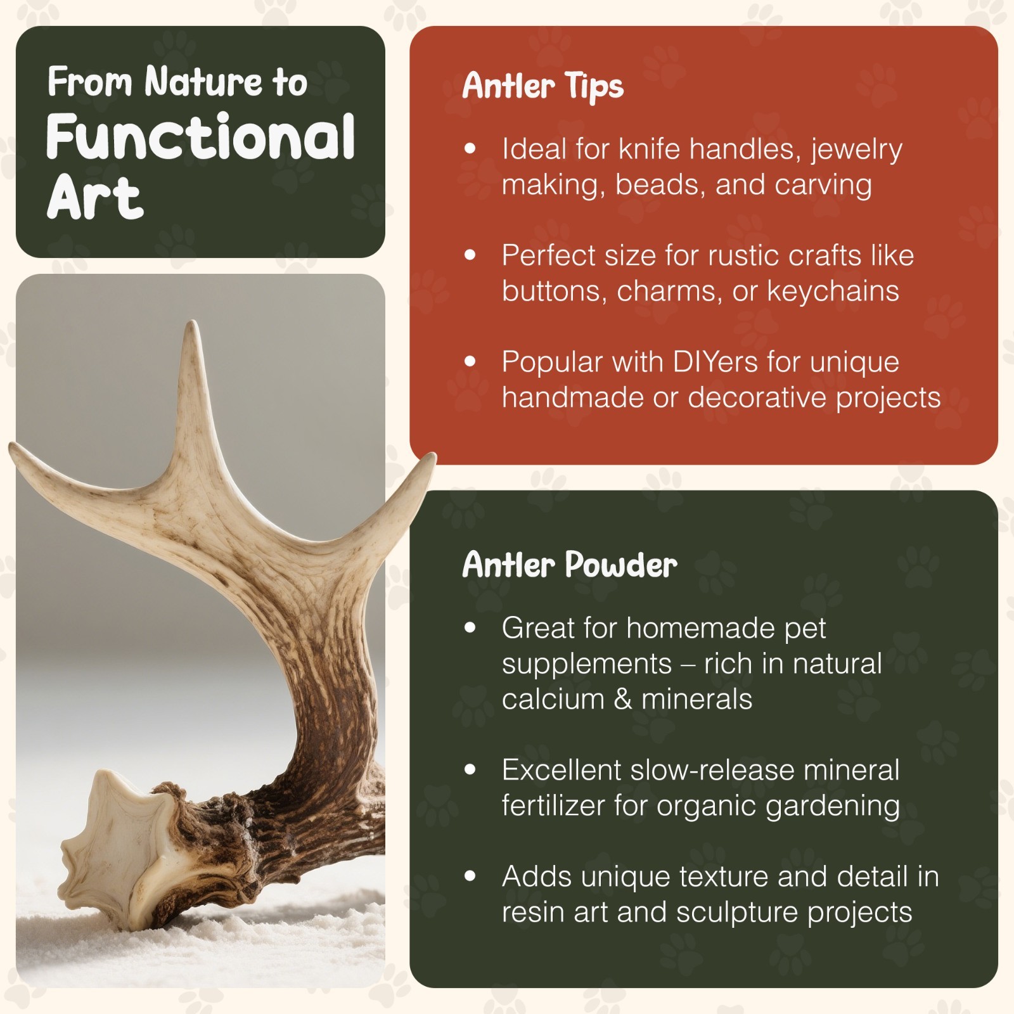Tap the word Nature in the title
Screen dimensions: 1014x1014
coord(203,82)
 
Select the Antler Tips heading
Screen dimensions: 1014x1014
coord(542,86)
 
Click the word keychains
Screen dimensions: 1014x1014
coord(833,292)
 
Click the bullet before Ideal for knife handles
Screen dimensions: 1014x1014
coord(470,149)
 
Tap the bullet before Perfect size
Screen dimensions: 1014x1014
coord(470,255)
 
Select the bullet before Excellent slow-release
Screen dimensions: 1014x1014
coord(470,770)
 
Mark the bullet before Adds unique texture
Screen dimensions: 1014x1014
coord(470,876)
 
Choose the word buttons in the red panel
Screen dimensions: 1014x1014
coord(553,292)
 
